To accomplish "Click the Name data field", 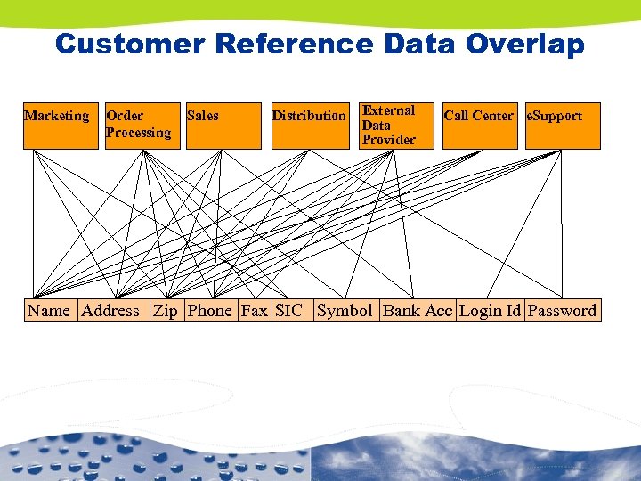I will coord(49,311).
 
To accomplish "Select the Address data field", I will coord(110,311).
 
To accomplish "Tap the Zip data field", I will coord(166,311).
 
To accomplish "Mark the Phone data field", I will coord(210,311).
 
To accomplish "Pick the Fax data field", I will coord(255,311).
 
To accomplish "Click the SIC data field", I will coord(289,311).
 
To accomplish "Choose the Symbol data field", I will coord(345,311).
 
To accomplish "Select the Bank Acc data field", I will coord(418,311).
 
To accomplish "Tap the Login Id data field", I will coord(490,311).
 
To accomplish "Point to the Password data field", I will coord(562,311).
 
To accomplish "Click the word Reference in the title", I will coord(304,44).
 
